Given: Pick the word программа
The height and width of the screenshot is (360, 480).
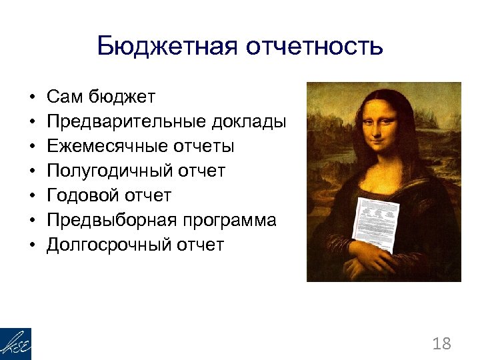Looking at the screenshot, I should click(x=229, y=221).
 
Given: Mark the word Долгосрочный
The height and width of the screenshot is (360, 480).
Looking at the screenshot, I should click(x=107, y=245).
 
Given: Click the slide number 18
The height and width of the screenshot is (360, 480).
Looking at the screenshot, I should click(x=441, y=344).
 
